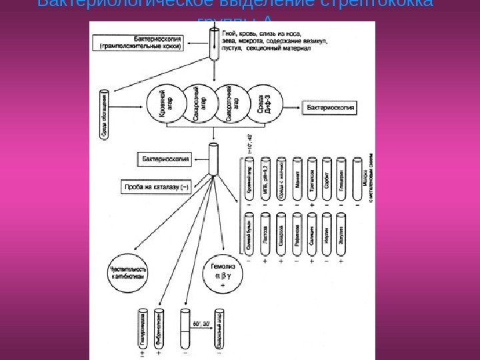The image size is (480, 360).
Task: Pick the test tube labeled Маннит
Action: tap(296, 179)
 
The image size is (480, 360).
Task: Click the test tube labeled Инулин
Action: tap(327, 235)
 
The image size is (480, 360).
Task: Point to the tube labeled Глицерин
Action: tap(342, 179)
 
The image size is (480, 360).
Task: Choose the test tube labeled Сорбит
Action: tap(327, 179)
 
